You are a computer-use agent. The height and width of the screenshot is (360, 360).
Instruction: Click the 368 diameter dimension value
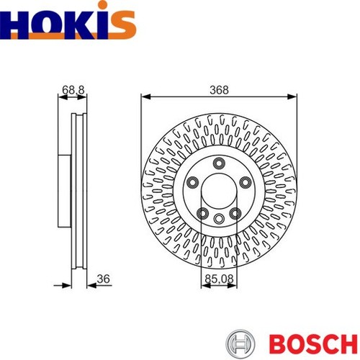(x=219, y=90)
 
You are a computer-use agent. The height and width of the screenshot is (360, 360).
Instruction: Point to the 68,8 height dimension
(x=73, y=90)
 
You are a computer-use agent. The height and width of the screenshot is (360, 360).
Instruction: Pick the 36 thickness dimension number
(x=104, y=279)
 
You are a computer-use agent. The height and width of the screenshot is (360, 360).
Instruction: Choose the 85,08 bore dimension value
(x=219, y=279)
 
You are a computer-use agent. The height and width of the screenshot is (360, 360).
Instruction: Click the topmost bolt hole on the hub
(x=219, y=163)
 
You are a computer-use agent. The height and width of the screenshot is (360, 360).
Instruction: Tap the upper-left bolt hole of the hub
(x=192, y=182)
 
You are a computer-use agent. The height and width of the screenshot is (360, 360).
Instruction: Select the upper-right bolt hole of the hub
(x=246, y=182)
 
